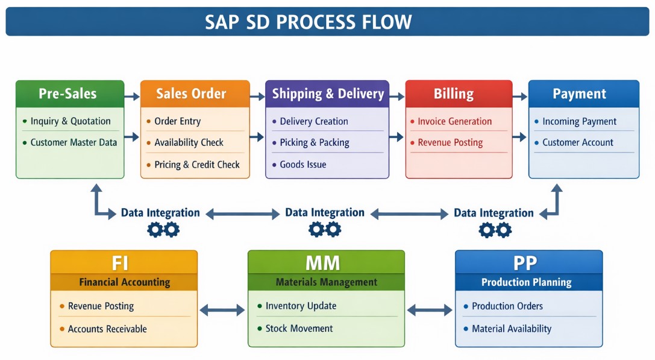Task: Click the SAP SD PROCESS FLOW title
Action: pos(308,22)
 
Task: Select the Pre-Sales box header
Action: pos(67,93)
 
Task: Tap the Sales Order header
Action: pos(191,93)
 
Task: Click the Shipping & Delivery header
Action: pos(328,93)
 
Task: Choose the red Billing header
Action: pos(454,93)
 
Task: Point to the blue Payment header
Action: pos(579,93)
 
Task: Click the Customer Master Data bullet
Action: pos(74,143)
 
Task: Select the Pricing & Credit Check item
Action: pos(196,165)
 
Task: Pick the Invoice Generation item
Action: pos(454,121)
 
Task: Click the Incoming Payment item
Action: pos(579,121)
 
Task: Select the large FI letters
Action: pos(120,263)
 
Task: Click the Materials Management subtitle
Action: pos(326,282)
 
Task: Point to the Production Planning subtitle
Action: pos(526,282)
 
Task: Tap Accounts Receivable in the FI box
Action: pos(107,329)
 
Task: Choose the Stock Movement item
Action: pos(299,329)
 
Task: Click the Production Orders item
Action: pos(507,306)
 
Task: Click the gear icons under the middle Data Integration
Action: pos(325,229)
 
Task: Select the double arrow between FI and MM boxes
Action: pos(222,310)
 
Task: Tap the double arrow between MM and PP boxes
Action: pos(430,310)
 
